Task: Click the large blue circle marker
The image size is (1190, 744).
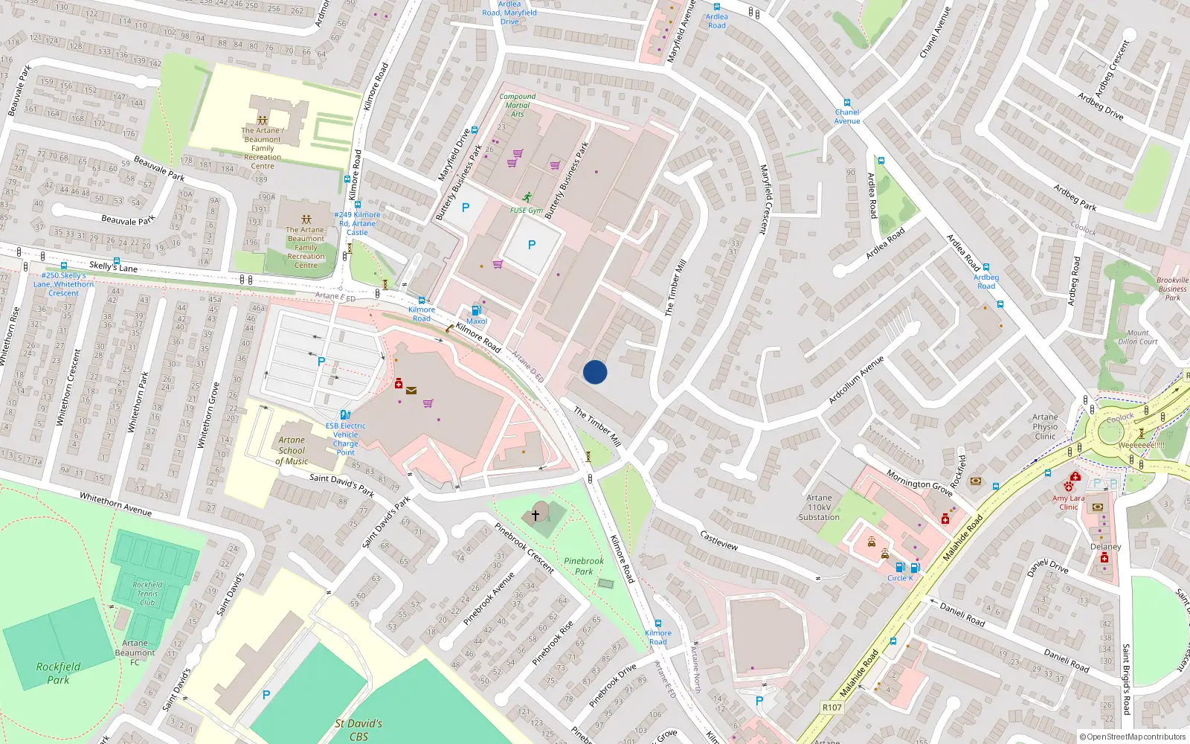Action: (595, 372)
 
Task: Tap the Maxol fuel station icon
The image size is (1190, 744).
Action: (477, 310)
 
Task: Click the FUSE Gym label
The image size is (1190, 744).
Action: (526, 211)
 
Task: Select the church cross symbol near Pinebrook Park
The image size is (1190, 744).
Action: (535, 515)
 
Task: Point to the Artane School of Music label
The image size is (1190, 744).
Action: (292, 450)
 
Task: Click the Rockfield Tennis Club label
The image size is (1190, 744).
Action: (147, 593)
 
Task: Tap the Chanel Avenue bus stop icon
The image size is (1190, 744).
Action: (846, 103)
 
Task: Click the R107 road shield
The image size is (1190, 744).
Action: (832, 707)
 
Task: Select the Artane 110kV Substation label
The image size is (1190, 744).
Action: (819, 507)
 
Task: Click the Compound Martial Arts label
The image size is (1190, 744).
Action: (517, 105)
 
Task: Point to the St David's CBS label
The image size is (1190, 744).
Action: (358, 729)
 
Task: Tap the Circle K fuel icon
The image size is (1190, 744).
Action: (900, 568)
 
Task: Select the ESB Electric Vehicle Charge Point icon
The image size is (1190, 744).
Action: (345, 415)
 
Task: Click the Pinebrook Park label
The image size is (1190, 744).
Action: (584, 566)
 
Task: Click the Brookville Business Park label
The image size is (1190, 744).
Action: (1172, 289)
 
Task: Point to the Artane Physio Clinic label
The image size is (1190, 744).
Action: (1045, 426)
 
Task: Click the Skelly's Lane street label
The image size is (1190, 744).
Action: (113, 266)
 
